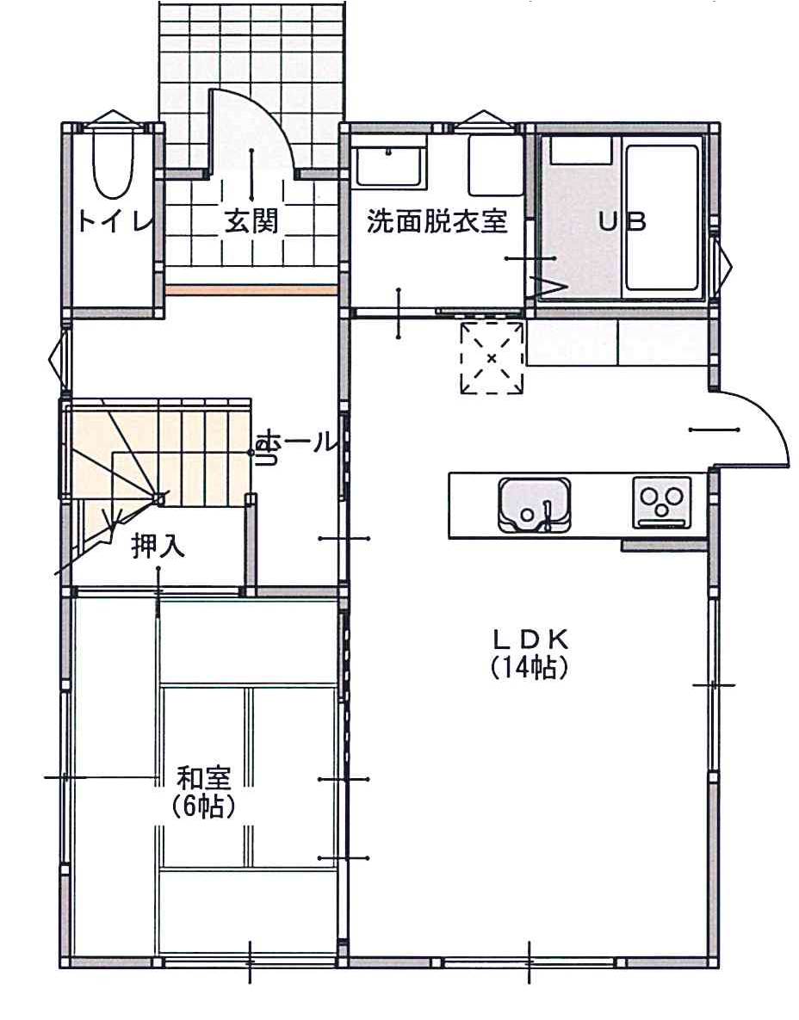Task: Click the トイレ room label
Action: (x=115, y=221)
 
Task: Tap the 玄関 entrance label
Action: (x=251, y=221)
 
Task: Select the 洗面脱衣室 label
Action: (x=437, y=222)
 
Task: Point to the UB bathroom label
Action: (x=622, y=222)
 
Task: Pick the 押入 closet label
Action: (x=158, y=545)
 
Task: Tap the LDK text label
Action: (x=531, y=640)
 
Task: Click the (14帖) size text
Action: (x=530, y=667)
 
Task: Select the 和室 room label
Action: (x=204, y=778)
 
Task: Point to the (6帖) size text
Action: (x=203, y=806)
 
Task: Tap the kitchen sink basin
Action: (x=534, y=504)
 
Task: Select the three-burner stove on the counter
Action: (x=662, y=502)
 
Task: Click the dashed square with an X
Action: (x=492, y=357)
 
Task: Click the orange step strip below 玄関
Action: (x=251, y=290)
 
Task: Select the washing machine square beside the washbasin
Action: (x=496, y=165)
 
